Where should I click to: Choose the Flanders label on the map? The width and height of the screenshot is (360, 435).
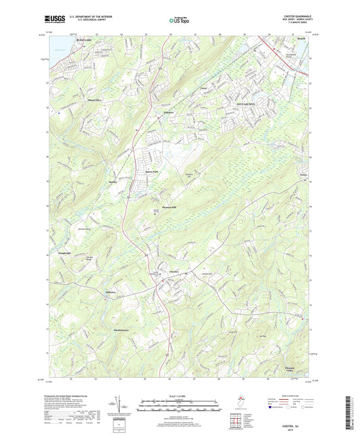(x=170, y=112)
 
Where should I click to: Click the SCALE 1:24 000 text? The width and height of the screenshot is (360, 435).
(x=179, y=394)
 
